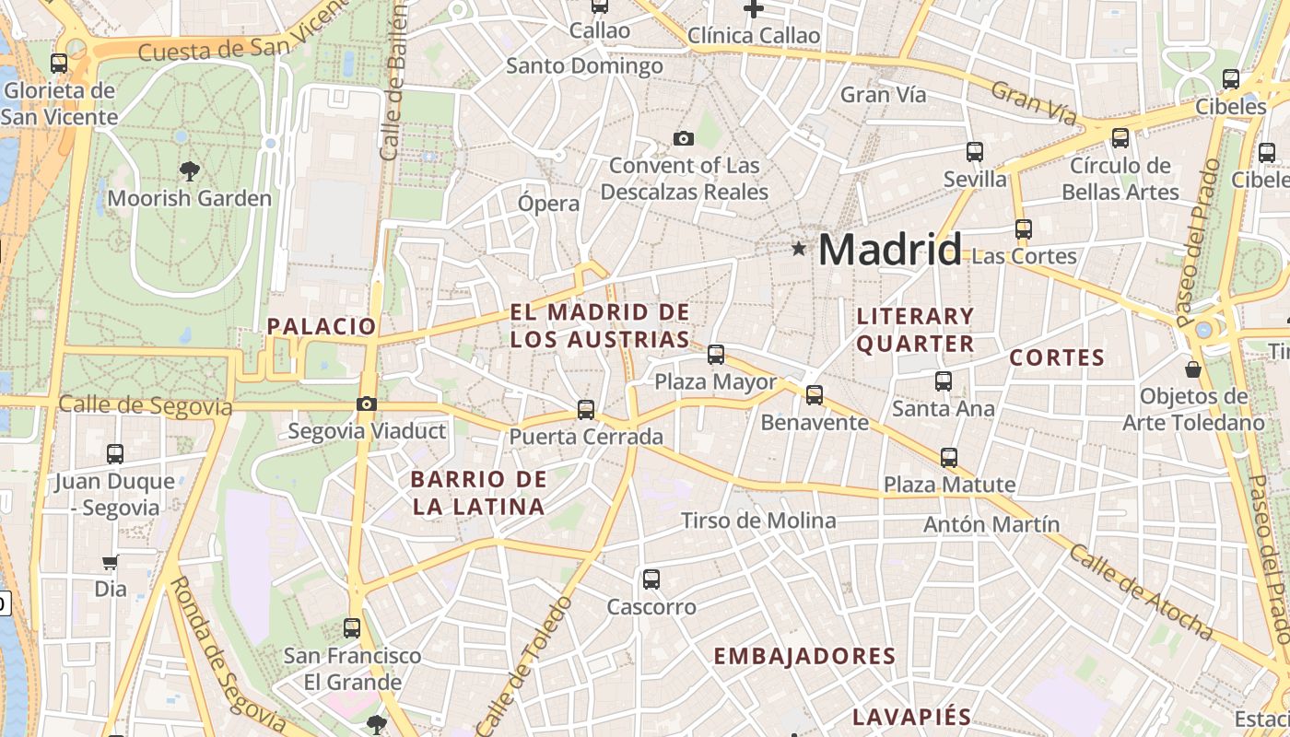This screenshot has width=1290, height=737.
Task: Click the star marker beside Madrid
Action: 798,249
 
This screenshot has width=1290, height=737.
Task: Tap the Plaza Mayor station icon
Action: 716,354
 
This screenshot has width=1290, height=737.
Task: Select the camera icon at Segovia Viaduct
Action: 367,404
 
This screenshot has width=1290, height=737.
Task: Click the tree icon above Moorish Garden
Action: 190,170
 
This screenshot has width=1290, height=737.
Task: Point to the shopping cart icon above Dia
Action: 111,562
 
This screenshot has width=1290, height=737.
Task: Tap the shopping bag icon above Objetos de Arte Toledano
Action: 1193,370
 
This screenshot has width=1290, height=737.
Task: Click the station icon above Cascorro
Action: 651,579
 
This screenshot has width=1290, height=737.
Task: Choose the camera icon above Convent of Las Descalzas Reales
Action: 684,139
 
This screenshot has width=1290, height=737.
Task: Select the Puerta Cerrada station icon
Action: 586,409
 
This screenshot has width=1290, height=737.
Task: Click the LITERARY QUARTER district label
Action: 915,330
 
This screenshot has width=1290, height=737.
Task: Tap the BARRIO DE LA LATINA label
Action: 479,493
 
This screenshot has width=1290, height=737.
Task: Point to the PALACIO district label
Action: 322,326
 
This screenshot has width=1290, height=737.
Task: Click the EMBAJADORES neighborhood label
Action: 804,656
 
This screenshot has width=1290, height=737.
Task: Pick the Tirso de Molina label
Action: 758,521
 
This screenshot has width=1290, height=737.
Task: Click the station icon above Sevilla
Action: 975,152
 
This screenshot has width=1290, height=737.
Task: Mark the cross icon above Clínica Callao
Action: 754,9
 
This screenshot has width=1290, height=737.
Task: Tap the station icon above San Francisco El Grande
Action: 352,628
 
